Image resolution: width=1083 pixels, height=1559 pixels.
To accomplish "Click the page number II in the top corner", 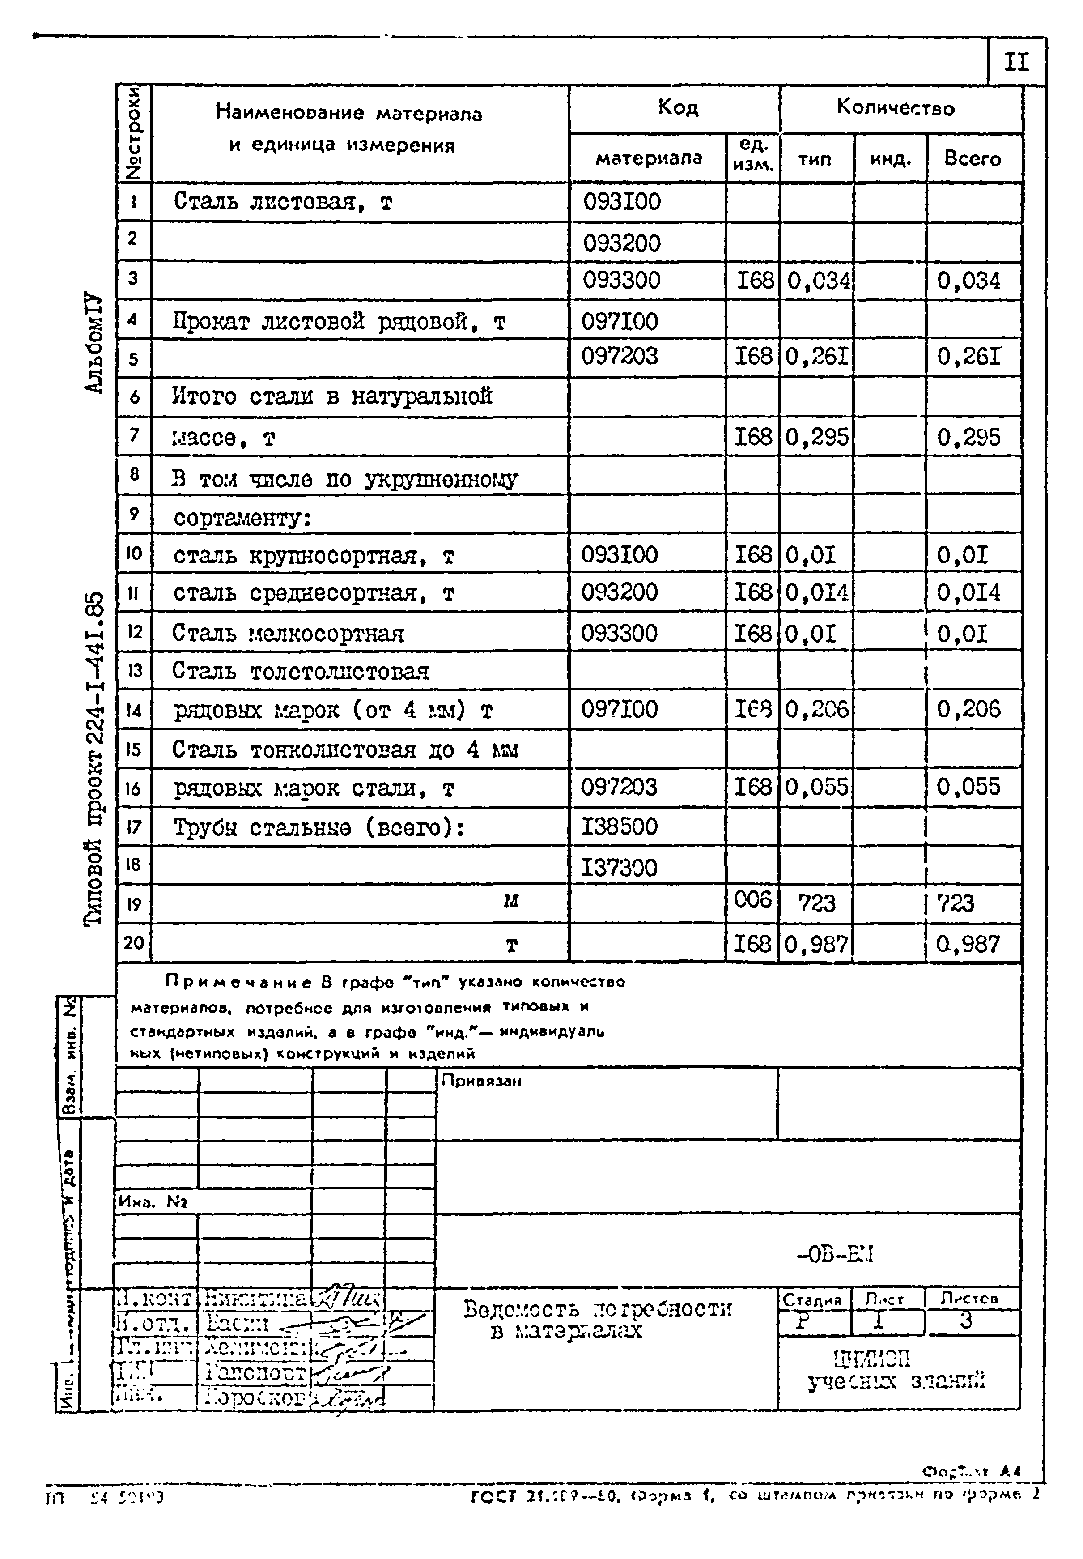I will click(1016, 63).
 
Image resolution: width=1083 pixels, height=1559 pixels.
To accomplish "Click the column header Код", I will click(677, 107).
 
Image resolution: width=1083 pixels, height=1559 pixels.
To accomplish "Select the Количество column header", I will click(895, 107).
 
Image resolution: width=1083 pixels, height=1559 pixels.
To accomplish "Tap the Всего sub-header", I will click(973, 159).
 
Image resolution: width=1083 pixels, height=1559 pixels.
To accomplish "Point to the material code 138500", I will click(619, 826).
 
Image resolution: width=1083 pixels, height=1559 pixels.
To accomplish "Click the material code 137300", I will click(619, 867).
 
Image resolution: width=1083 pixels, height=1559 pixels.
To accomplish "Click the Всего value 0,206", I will click(968, 709).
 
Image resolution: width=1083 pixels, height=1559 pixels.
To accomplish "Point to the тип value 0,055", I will click(817, 787).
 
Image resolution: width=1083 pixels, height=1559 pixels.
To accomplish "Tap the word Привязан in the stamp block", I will click(481, 1081).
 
